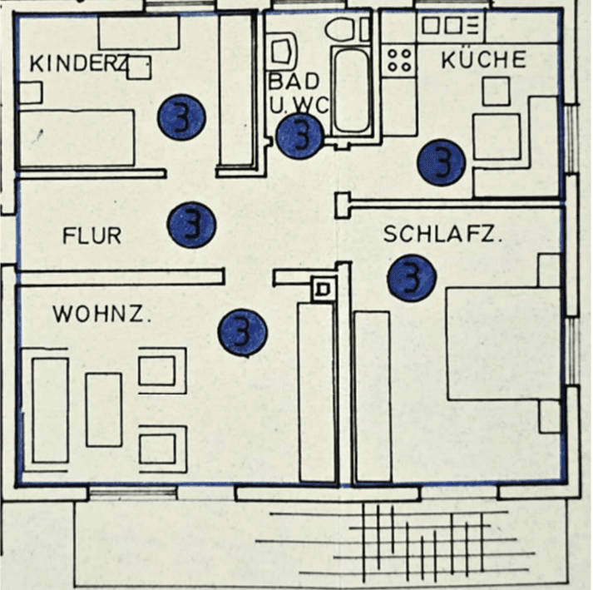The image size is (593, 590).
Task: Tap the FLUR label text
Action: [91, 236]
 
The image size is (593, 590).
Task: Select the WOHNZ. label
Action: [102, 315]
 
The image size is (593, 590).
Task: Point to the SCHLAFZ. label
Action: [442, 236]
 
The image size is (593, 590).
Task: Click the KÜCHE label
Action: [483, 60]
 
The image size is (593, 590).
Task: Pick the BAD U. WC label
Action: [296, 93]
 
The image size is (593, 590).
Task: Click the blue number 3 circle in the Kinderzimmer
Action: [181, 118]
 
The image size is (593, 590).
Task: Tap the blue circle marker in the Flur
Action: [191, 225]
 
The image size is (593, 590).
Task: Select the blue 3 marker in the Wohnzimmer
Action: [242, 332]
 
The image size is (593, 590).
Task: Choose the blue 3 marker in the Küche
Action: [441, 161]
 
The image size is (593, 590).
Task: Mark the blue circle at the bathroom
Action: [299, 136]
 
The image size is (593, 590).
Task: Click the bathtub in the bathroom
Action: [351, 90]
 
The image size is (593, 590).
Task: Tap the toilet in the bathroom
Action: [346, 30]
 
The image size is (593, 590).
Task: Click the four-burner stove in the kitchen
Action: [400, 60]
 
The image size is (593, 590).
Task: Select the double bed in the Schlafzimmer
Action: [503, 344]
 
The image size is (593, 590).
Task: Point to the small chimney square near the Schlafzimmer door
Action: [323, 289]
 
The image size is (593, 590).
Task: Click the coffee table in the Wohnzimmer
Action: [104, 409]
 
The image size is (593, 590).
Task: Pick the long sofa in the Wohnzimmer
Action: [50, 410]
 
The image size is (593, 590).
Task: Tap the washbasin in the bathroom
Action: [280, 51]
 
